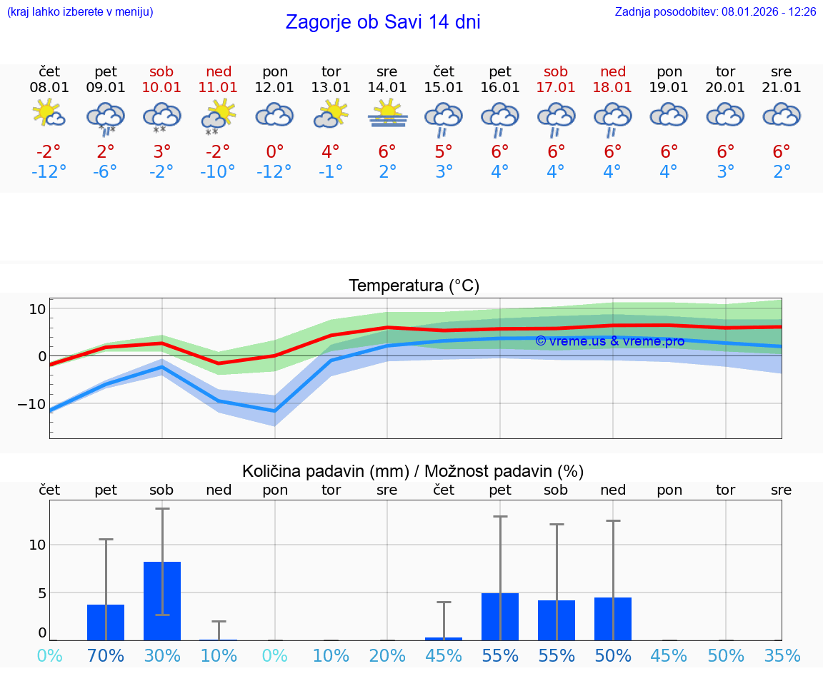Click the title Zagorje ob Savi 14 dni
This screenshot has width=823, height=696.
(x=383, y=22)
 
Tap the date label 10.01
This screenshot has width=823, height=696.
(x=162, y=88)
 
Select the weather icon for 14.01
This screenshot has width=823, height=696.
(x=387, y=114)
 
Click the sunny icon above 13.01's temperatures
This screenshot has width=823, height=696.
(x=331, y=114)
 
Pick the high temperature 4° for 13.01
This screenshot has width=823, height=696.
(x=331, y=152)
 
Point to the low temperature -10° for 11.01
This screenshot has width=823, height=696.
(x=218, y=172)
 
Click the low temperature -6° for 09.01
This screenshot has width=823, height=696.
(x=105, y=172)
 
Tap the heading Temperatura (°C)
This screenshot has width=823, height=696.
(x=414, y=286)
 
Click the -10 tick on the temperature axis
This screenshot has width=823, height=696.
(x=33, y=403)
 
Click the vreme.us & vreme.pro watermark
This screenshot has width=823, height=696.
(x=609, y=341)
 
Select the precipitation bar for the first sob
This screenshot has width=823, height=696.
(x=162, y=601)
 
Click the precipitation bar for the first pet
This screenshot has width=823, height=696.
(x=106, y=622)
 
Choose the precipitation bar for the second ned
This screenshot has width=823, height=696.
(x=613, y=619)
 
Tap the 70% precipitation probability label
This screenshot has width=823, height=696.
(x=106, y=656)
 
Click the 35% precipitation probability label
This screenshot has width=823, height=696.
(x=782, y=656)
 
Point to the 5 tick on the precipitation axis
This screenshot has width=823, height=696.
(x=41, y=592)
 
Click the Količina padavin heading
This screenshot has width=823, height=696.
(x=413, y=471)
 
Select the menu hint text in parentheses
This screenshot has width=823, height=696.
(x=80, y=12)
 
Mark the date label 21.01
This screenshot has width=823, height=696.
(x=782, y=88)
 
